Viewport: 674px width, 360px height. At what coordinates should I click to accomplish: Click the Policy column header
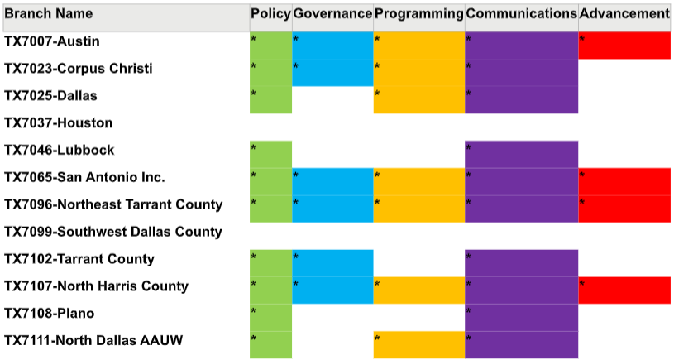coord(270,14)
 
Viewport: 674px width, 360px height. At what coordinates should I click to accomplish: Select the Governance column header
coord(332,14)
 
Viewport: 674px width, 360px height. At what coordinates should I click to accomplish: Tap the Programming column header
coord(418,14)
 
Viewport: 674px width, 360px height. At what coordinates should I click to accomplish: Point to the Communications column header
coord(521,14)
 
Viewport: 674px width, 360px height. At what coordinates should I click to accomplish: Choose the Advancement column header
coord(624,14)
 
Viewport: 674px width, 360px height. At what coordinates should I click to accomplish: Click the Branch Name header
coord(49,14)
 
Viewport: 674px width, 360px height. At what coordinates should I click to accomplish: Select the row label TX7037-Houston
coord(59,123)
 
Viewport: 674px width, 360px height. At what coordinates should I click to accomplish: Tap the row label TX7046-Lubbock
coord(60,151)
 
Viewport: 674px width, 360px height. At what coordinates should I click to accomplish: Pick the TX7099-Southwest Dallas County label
coord(113,232)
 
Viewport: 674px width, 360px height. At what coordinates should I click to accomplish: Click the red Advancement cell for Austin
coord(624,46)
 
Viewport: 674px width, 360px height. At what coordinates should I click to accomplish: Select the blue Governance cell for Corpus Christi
coord(332,73)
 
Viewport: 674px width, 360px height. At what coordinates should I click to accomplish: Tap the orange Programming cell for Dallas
coord(418,99)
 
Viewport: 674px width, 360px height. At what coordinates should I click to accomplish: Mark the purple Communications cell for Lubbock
coord(521,154)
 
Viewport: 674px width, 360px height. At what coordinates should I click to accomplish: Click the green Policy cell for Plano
coord(270,318)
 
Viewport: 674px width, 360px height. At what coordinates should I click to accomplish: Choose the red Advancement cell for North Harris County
coord(624,290)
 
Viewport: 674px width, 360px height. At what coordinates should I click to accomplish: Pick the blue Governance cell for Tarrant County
coord(332,263)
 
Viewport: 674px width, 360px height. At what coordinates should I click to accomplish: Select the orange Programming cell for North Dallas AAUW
coord(418,344)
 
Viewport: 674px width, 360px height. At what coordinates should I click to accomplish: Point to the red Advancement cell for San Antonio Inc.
coord(624,181)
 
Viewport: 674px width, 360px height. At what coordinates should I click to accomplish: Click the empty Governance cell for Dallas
coord(332,99)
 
